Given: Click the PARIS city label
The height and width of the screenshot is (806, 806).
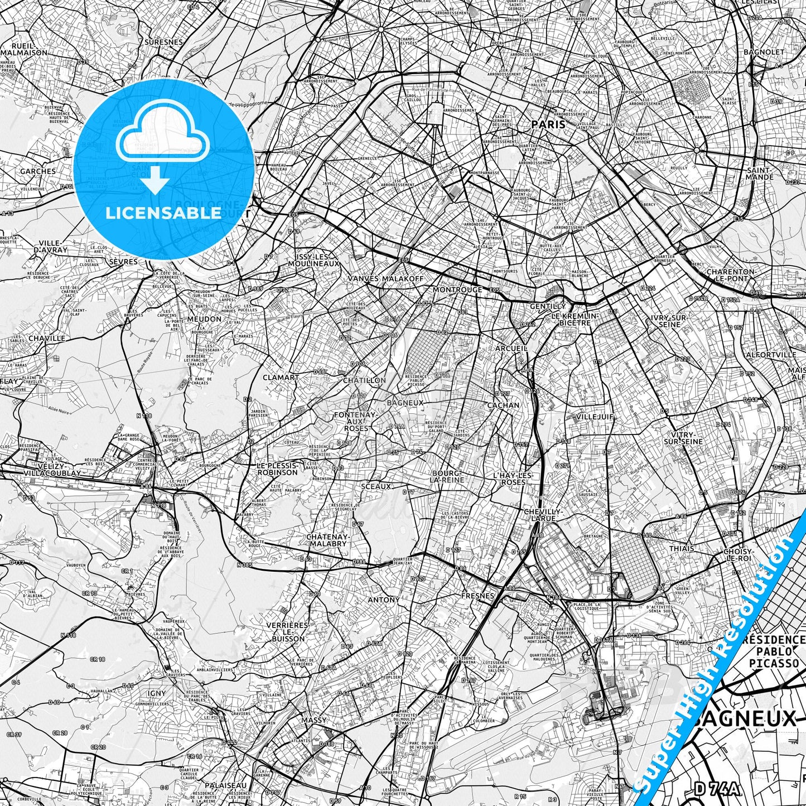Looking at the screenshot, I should pos(548,124).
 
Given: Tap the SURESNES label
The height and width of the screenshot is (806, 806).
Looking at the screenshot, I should pos(163,42).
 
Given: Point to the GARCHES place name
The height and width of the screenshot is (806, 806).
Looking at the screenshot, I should pos(38,171).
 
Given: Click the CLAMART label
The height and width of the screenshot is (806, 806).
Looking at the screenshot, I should pos(281,378).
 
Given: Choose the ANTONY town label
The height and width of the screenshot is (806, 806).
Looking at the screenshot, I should pos(384,600).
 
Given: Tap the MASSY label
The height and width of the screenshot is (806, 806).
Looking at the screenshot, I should pos(313,720).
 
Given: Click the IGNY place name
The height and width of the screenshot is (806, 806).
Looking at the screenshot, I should pos(157,693).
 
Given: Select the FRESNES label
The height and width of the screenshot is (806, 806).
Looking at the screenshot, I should pos(478,596).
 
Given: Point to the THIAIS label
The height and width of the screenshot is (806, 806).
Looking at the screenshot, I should pos(682,548).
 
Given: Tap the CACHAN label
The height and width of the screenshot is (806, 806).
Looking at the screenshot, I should pos(503,406).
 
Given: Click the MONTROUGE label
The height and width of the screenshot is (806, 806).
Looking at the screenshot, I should pos(457,290).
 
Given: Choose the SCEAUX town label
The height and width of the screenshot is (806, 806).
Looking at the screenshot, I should pos(377,486).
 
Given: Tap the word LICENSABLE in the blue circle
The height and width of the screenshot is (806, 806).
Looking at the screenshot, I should pos(163,213).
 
